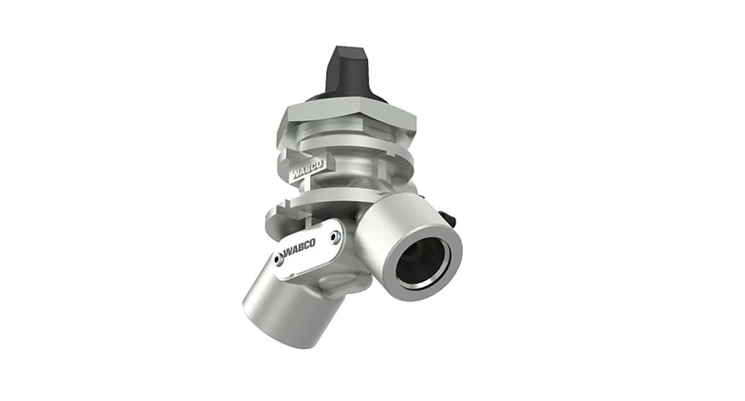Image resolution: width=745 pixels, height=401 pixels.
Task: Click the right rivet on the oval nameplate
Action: coord(333,234)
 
